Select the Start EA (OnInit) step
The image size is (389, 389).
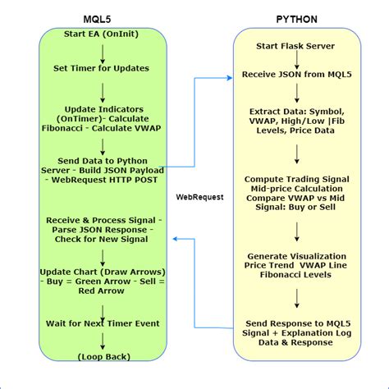point(103,34)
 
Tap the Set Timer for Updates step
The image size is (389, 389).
point(103,69)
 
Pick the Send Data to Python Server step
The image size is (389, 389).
point(103,168)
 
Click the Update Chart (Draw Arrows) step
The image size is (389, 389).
point(103,279)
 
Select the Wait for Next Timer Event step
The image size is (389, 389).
point(103,323)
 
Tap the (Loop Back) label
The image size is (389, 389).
point(103,357)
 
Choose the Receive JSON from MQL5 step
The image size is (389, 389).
point(295,75)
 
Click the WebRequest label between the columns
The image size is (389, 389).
point(200,197)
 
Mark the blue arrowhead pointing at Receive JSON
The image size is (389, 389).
point(232,79)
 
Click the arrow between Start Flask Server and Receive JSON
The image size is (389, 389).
point(295,59)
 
